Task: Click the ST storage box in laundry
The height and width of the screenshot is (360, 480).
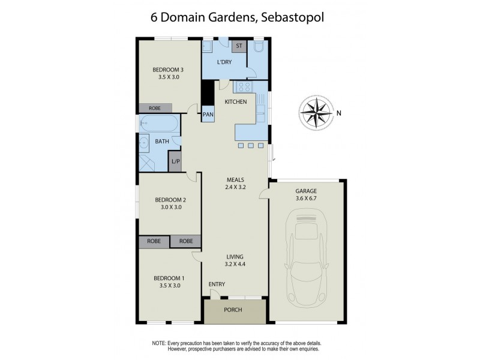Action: pos(239,46)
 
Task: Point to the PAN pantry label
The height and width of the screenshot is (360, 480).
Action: pos(208,114)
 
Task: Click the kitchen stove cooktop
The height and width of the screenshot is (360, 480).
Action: pos(244,87)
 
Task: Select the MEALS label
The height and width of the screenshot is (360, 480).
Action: pos(235,179)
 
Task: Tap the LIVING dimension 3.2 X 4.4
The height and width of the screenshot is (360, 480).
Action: pos(235,264)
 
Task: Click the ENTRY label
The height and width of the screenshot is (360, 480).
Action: pos(217,284)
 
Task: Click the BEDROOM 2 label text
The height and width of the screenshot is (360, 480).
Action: pos(170,200)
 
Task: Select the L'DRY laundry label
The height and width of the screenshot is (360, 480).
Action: pos(224,62)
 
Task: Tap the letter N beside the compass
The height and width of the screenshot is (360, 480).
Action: pos(338,112)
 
